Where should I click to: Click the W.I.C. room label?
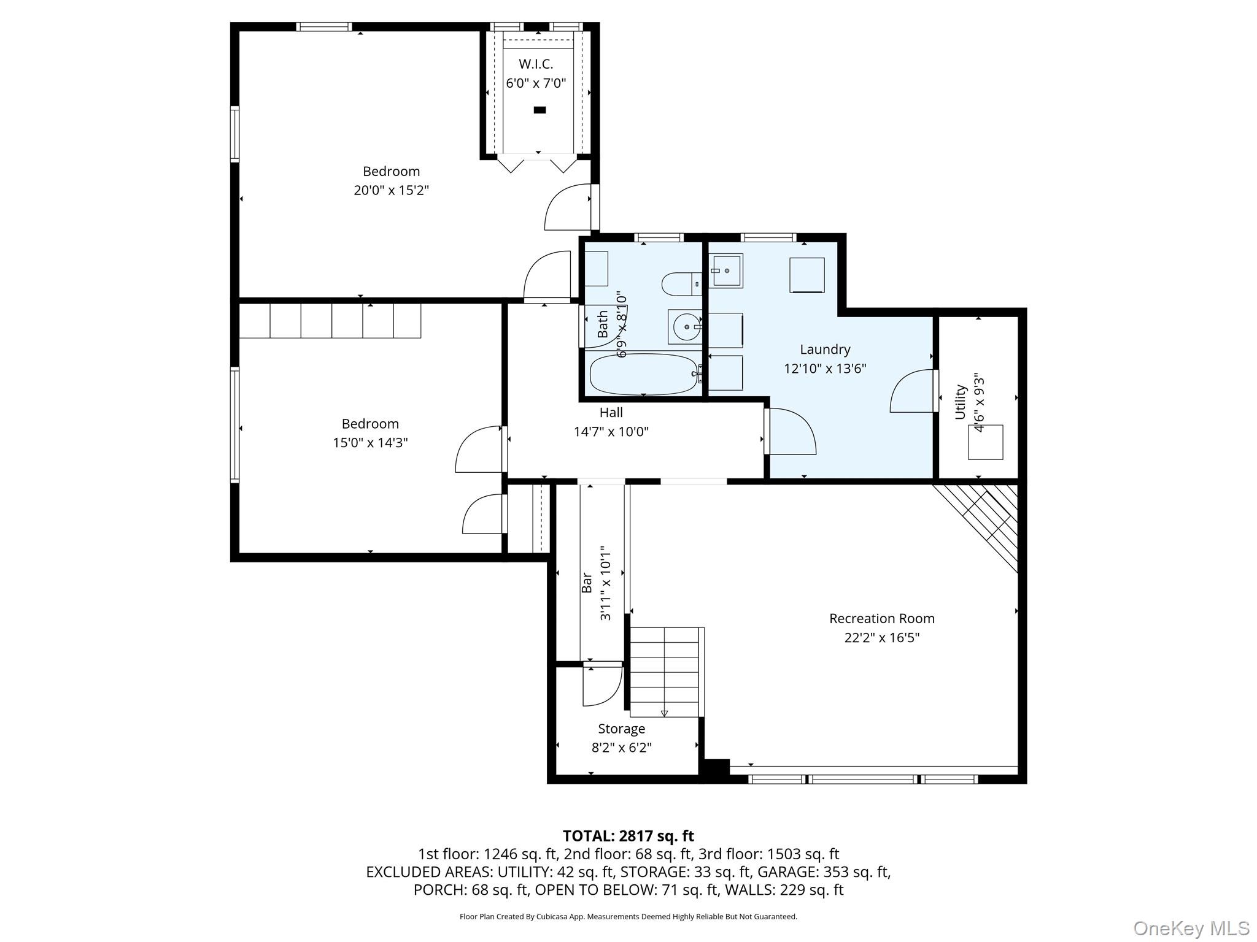coord(536,64)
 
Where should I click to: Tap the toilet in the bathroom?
coord(681,283)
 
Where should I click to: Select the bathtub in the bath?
coord(644,374)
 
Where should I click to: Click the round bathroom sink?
coord(685,327)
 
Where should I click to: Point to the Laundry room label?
coord(825,350)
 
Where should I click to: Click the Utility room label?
coord(961,402)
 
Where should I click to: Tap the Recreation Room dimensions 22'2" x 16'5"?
coord(882,638)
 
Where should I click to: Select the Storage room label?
coord(622,729)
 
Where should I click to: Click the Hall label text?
coord(611,412)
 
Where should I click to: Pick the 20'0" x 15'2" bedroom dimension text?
coord(391,190)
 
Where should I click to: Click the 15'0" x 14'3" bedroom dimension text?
coord(370,442)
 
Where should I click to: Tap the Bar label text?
coord(587,583)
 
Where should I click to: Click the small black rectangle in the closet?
coord(540,110)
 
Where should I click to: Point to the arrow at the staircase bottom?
coord(664,713)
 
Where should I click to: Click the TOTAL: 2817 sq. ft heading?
coord(628,836)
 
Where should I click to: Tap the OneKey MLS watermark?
coord(1191,929)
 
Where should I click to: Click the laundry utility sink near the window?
coord(726,270)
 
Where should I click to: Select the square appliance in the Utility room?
coord(985,442)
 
